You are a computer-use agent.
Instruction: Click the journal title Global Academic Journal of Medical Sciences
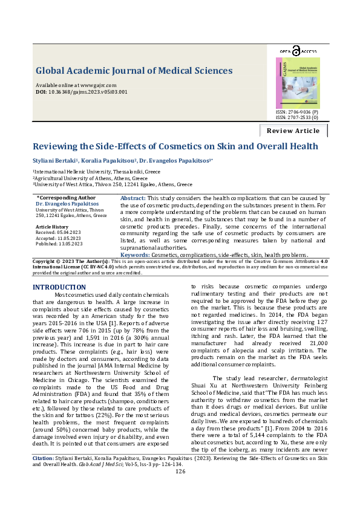click(x=134, y=71)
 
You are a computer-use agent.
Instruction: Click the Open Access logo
click(x=298, y=52)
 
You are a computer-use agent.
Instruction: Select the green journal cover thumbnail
click(x=298, y=83)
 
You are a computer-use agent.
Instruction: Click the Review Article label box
click(x=293, y=131)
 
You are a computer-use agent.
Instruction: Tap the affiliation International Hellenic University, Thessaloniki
click(x=97, y=172)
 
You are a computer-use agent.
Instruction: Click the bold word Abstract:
click(x=133, y=198)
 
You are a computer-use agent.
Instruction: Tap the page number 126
click(x=180, y=488)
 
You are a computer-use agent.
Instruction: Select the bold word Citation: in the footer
click(x=44, y=476)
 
